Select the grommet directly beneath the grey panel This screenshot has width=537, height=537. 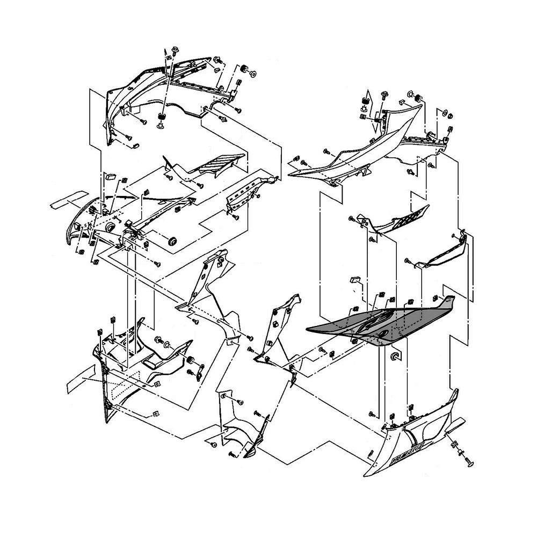click(395, 356)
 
